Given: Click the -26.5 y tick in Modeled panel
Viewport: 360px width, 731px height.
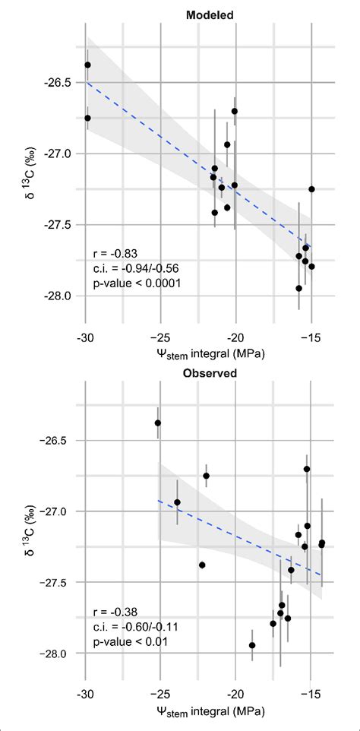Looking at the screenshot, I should [56, 81].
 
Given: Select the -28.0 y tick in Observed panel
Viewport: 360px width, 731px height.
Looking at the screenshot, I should [56, 654].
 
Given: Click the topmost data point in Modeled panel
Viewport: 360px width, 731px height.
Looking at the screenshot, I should [87, 65].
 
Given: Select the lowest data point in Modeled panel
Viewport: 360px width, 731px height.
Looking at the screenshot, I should [299, 288].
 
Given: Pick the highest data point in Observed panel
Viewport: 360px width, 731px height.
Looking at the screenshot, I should [158, 422].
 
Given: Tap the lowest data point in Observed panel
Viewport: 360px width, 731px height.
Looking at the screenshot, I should [252, 645].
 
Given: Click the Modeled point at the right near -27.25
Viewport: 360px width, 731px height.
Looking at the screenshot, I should [311, 189].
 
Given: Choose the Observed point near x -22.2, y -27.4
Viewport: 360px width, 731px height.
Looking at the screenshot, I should [202, 565].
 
